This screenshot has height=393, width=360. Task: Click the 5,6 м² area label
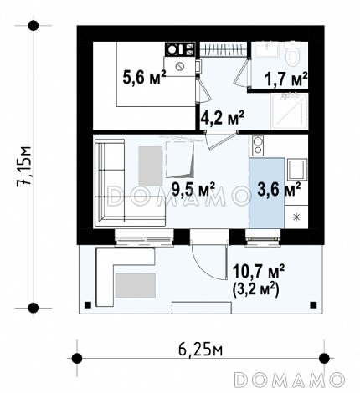(144, 77)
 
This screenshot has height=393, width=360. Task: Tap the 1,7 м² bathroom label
(286, 79)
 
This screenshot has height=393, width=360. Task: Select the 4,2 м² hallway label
(223, 118)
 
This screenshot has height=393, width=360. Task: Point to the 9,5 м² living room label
(193, 189)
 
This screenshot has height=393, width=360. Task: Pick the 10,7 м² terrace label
(258, 271)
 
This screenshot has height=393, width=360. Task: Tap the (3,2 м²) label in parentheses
(255, 290)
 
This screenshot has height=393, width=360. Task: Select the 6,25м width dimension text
(200, 350)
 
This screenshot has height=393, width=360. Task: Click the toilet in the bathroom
(293, 54)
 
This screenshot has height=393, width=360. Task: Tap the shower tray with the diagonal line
(290, 111)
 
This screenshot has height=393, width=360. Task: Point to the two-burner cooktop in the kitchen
(258, 145)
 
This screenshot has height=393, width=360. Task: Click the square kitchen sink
(297, 170)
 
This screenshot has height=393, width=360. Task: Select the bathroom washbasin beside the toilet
(267, 49)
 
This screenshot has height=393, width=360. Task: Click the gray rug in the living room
(151, 166)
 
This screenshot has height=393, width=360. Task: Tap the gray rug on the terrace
(135, 285)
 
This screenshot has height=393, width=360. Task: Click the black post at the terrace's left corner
(88, 304)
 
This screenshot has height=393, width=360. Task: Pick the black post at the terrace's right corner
(313, 304)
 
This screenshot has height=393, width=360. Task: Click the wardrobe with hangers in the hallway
(224, 49)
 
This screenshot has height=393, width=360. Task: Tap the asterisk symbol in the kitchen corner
(296, 217)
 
